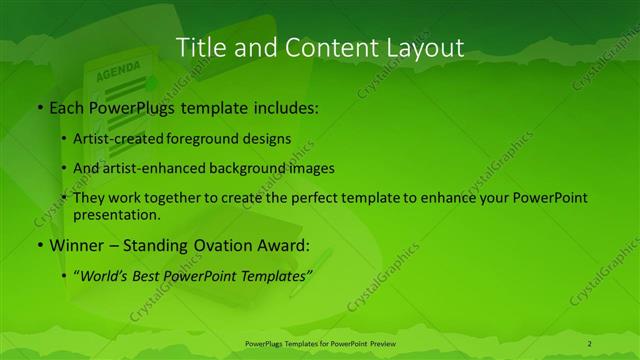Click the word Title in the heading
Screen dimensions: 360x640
click(199, 47)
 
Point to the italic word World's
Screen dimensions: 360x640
click(102, 273)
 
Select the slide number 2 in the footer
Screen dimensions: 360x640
click(589, 344)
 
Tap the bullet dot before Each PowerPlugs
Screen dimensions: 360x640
click(39, 105)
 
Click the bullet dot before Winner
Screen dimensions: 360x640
click(39, 243)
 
